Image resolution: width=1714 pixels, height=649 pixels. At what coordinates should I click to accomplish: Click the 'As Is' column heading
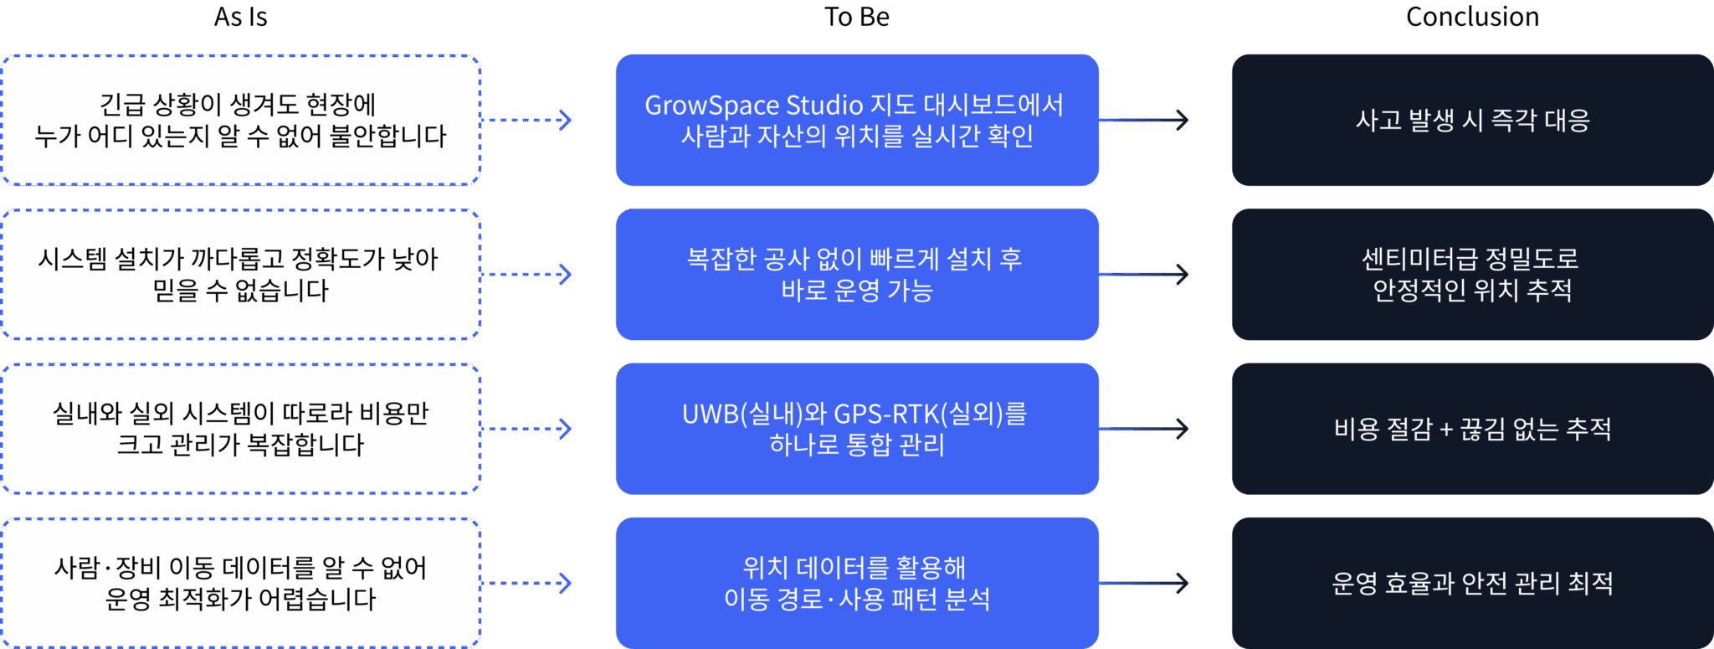pyautogui.click(x=240, y=17)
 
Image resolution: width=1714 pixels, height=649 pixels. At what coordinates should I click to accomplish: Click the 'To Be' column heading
pyautogui.click(x=856, y=17)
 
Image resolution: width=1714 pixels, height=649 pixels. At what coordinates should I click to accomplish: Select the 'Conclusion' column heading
pyautogui.click(x=1471, y=17)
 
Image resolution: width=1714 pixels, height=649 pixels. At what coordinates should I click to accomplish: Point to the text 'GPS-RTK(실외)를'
pyautogui.click(x=930, y=414)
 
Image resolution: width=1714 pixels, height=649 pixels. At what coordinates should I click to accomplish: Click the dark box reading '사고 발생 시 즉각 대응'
pyautogui.click(x=1472, y=120)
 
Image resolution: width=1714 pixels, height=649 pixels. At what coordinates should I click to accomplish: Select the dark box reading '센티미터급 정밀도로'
pyautogui.click(x=1472, y=274)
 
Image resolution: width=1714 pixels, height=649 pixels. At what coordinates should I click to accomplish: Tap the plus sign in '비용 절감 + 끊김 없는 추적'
pyautogui.click(x=1446, y=430)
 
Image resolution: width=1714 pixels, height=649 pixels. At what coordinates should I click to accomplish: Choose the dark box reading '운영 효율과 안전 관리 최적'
pyautogui.click(x=1472, y=583)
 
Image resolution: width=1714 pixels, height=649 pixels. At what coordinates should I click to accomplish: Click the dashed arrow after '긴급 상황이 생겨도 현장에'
pyautogui.click(x=529, y=120)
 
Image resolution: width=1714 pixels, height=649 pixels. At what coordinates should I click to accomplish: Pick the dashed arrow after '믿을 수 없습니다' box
pyautogui.click(x=529, y=274)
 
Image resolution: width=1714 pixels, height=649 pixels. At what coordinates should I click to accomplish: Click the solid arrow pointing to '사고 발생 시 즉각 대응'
pyautogui.click(x=1145, y=120)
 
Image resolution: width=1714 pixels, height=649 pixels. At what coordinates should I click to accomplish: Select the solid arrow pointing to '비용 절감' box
pyautogui.click(x=1145, y=429)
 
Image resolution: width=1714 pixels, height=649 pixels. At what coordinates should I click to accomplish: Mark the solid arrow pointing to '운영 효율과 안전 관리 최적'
pyautogui.click(x=1145, y=583)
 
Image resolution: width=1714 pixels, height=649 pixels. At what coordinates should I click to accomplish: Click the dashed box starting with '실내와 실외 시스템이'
pyautogui.click(x=240, y=429)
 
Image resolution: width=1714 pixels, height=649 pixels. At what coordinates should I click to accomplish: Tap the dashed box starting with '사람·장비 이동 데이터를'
pyautogui.click(x=240, y=583)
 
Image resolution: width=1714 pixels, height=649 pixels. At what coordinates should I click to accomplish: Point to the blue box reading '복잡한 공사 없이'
pyautogui.click(x=856, y=274)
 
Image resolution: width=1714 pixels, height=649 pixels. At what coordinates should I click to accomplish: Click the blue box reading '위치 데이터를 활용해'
pyautogui.click(x=856, y=583)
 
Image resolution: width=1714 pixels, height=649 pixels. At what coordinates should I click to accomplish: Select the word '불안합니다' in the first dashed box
pyautogui.click(x=387, y=136)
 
